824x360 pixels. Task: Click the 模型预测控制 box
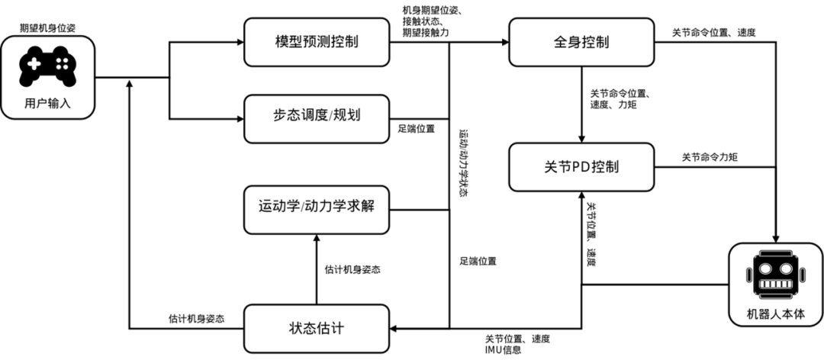coord(316,42)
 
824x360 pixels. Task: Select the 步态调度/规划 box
coord(316,118)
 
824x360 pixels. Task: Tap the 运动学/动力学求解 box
coord(316,209)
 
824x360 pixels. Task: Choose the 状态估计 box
coord(316,329)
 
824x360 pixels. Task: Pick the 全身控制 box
coord(581,42)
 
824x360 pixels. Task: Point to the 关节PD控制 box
coord(581,166)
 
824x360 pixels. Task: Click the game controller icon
coord(47,67)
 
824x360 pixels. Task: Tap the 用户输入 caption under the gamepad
coord(47,104)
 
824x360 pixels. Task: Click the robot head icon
coord(776,275)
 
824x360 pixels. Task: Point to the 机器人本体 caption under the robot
coord(776,313)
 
